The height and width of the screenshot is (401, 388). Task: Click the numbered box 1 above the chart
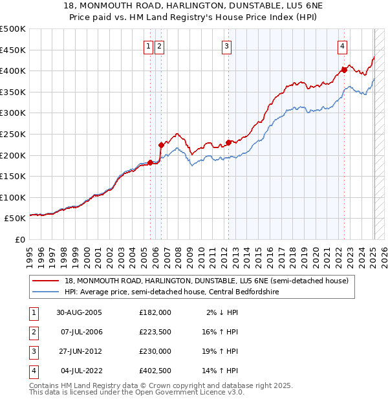pos(149,45)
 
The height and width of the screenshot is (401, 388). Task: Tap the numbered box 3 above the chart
pos(227,45)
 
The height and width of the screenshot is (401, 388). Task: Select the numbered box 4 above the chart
pos(342,45)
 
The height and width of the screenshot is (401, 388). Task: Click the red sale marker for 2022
pos(344,69)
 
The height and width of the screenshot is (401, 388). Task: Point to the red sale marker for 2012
pos(229,142)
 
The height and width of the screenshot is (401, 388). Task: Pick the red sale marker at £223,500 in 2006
pos(161,145)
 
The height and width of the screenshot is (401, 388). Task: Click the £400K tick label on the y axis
pos(13,70)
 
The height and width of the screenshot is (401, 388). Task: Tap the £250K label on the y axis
pos(13,134)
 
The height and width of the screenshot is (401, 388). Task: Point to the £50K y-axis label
pos(15,219)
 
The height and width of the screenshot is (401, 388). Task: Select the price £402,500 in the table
pos(155,371)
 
